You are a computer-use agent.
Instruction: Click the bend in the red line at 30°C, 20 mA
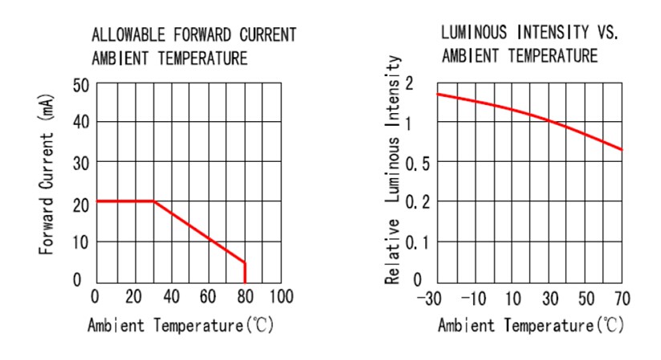[152, 201]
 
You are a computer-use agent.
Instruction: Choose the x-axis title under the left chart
[185, 329]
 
